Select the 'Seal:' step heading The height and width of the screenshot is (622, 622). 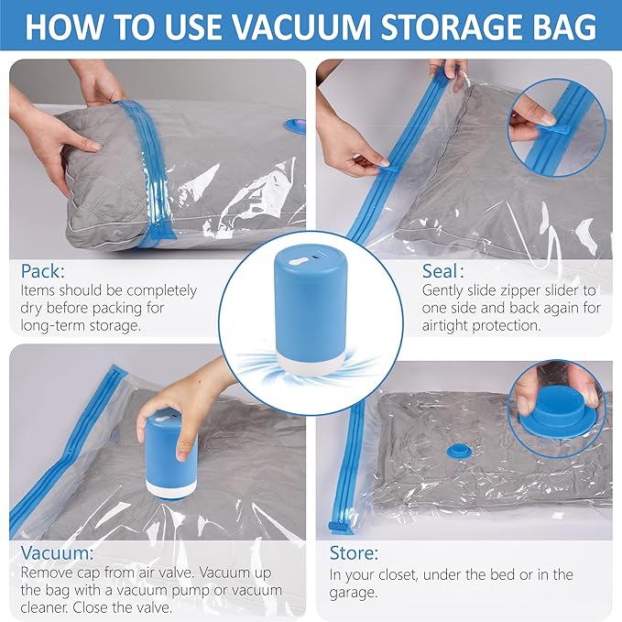pos(442,271)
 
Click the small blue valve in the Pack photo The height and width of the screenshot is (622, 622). pos(296,125)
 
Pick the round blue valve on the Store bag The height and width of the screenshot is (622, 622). pos(455,451)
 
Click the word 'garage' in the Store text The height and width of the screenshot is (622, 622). pos(358,593)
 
